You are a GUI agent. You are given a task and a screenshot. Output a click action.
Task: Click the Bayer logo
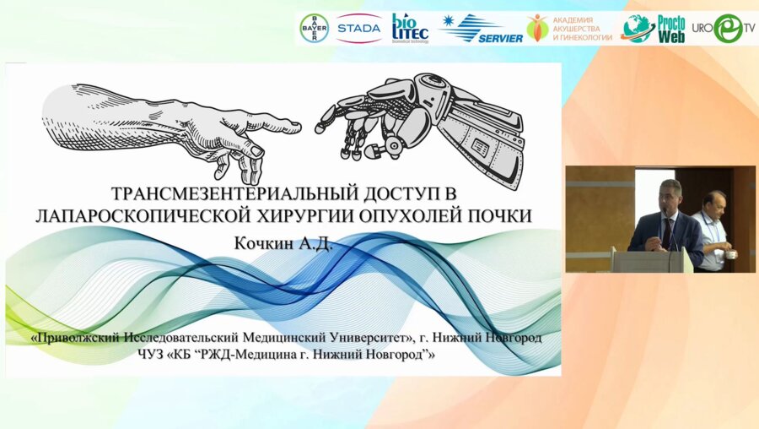315,28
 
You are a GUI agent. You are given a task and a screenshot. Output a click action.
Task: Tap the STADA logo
358,28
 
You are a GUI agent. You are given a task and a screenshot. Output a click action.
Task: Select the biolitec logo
410,28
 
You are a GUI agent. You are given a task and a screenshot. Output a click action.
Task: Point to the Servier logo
482,28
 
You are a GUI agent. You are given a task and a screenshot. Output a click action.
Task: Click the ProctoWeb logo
654,29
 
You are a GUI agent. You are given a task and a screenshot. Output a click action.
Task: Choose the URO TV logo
724,28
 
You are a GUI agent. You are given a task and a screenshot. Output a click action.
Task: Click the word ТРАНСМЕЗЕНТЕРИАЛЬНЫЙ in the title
234,193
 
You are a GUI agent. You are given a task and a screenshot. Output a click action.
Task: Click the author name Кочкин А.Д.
283,243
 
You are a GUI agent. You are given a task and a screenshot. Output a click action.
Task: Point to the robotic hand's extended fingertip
320,128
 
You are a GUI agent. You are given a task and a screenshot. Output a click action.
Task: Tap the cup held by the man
732,254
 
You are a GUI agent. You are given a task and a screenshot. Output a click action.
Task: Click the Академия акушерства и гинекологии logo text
582,29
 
